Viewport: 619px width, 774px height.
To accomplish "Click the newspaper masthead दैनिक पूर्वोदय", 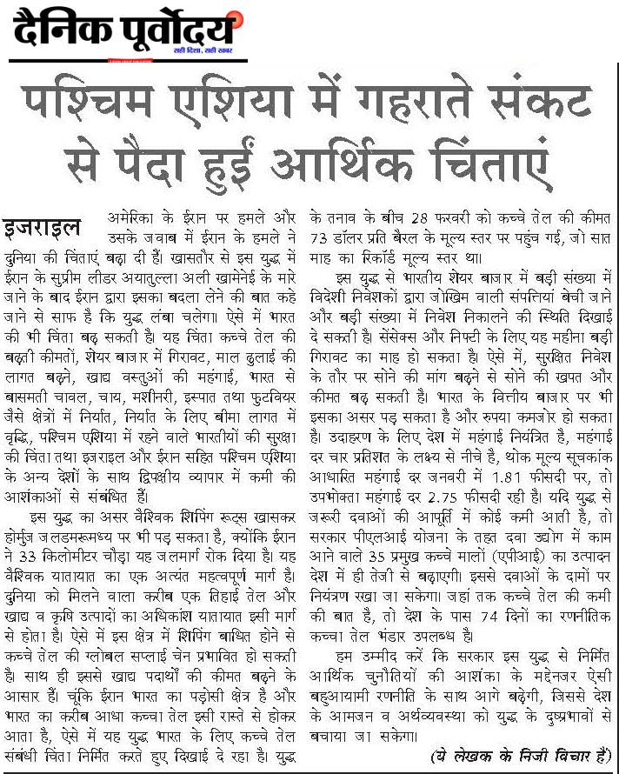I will click(x=123, y=33).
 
